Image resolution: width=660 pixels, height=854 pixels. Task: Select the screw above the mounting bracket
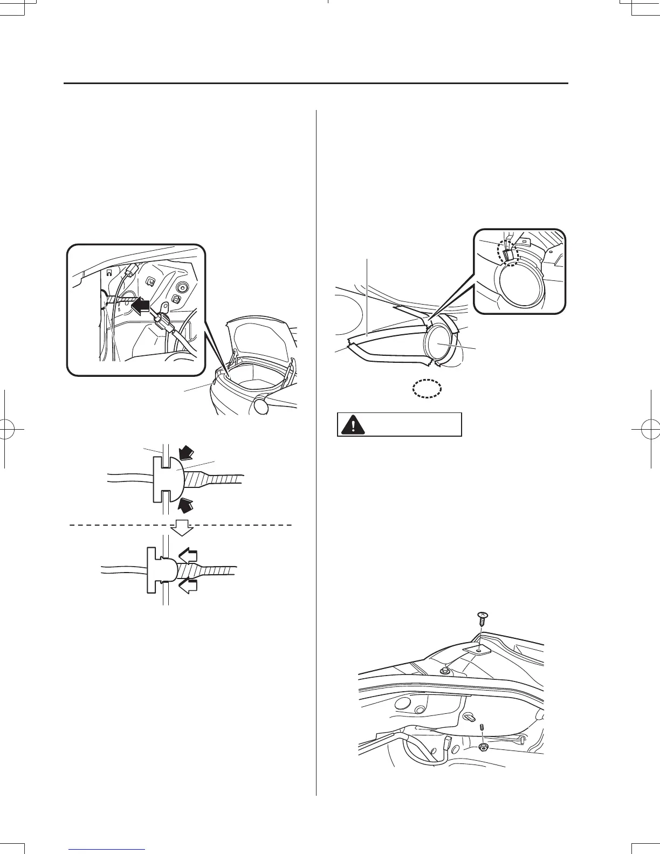483,617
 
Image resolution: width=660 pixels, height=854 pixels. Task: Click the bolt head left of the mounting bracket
445,672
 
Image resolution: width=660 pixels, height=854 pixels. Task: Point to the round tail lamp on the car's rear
262,405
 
